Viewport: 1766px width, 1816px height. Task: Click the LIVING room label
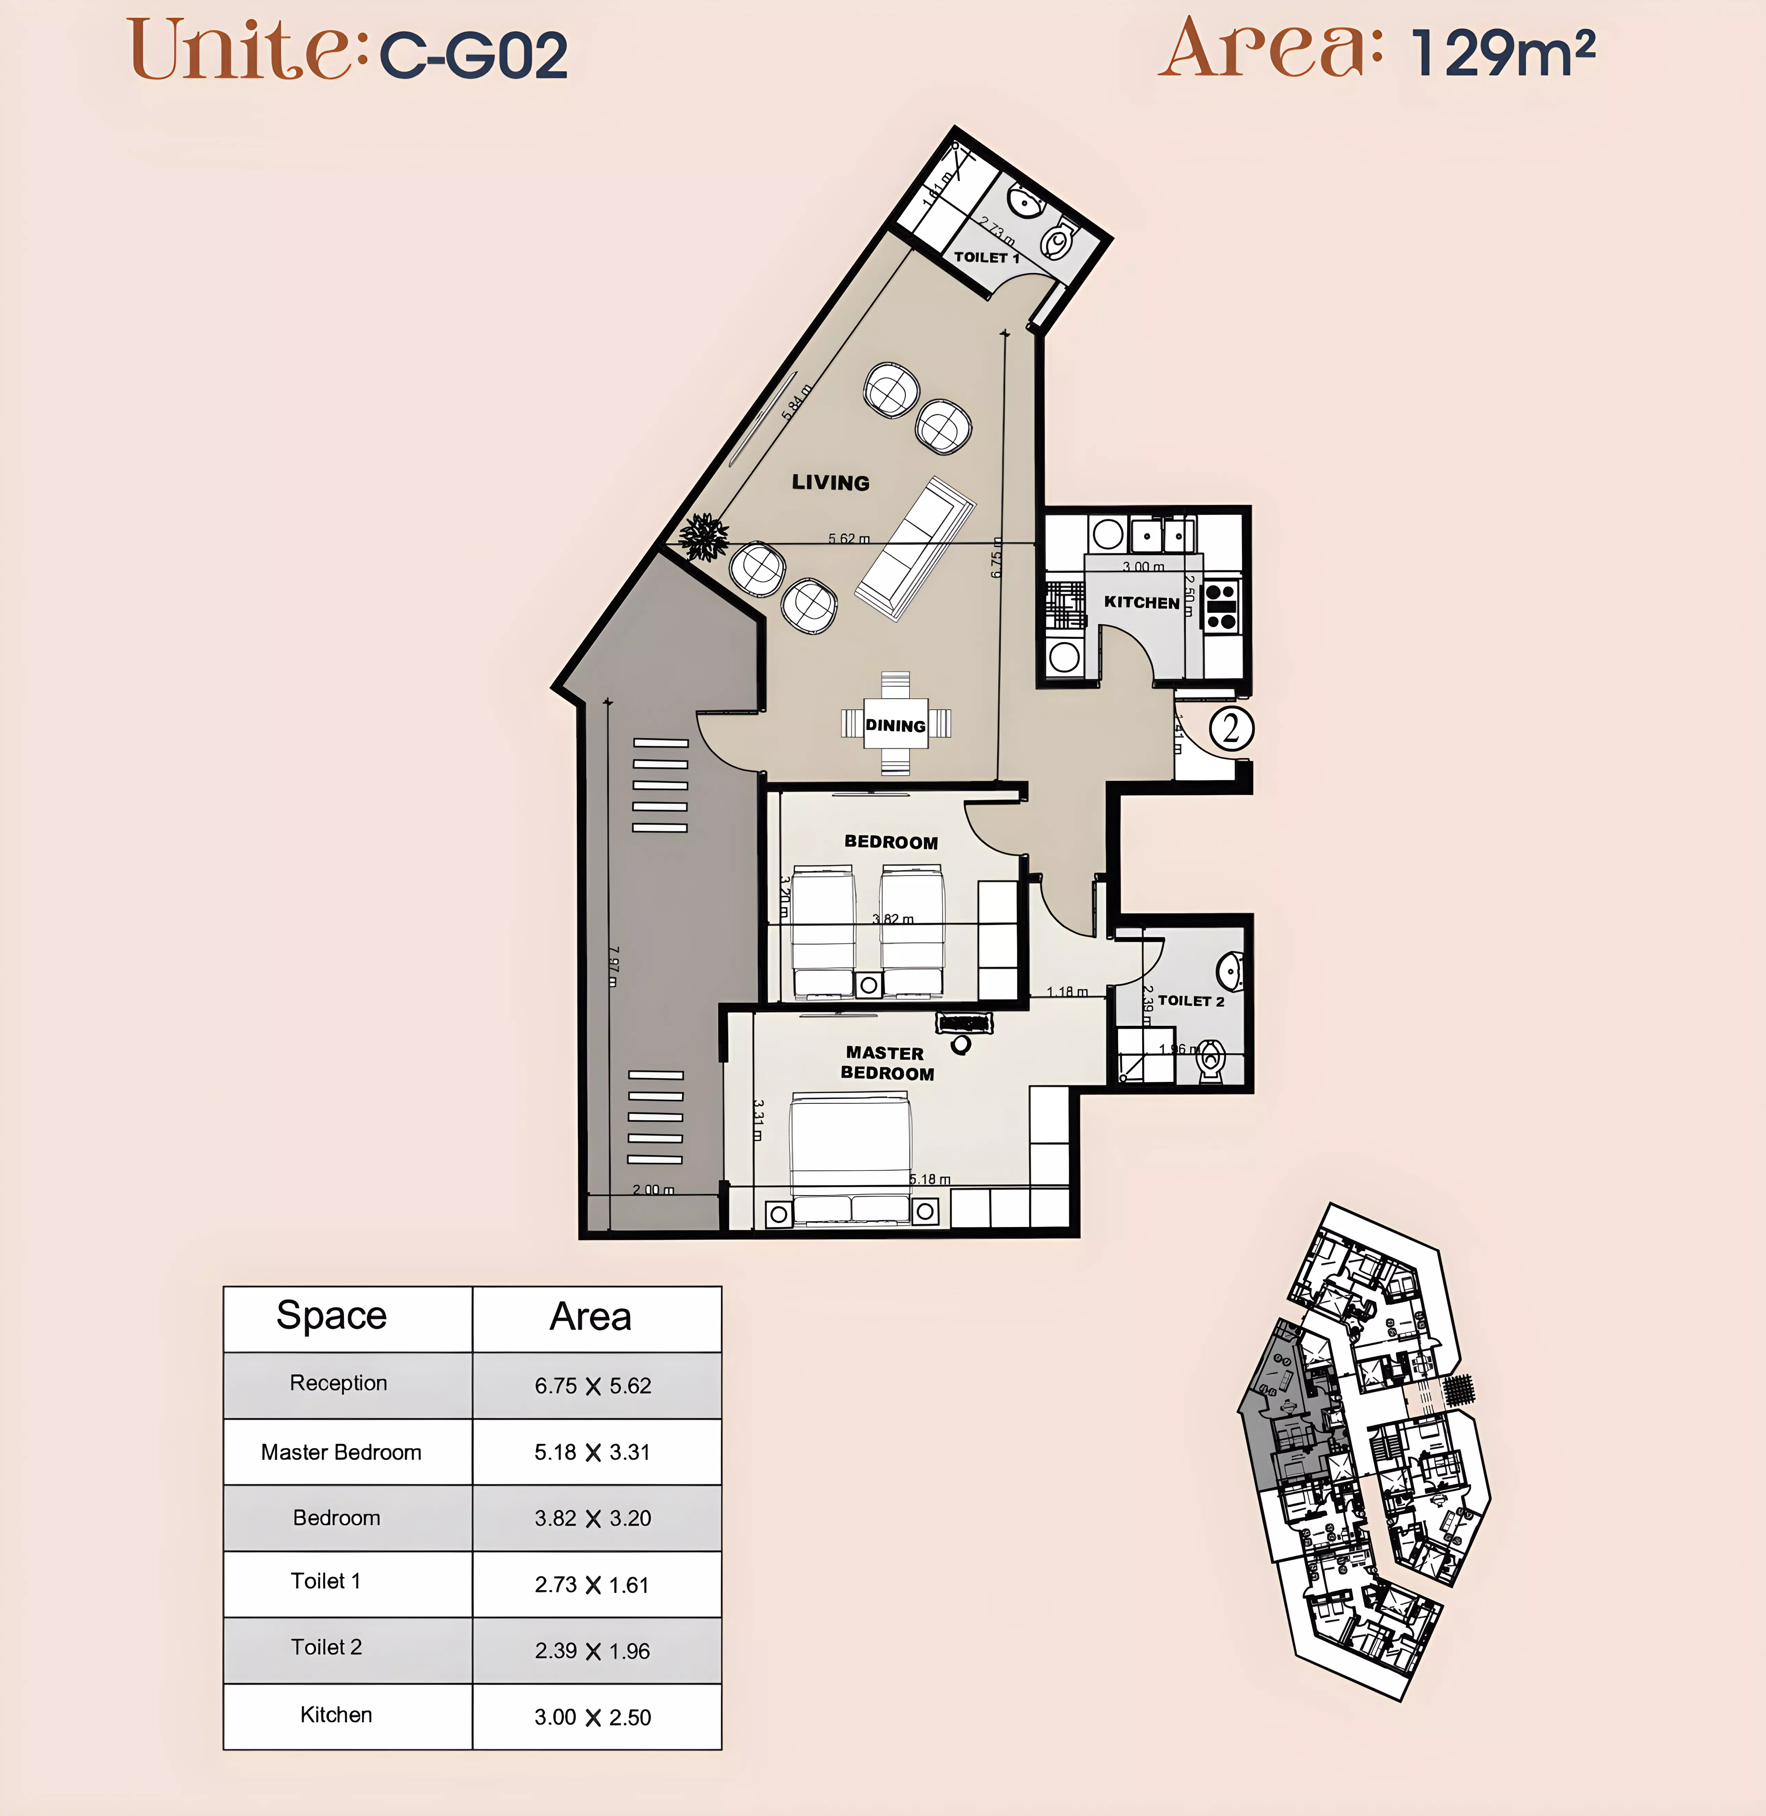pos(830,482)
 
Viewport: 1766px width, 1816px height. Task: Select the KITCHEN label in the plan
pos(1141,602)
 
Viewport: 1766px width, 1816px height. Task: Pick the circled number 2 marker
pos(1231,728)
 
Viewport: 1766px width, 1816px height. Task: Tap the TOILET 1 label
pos(986,257)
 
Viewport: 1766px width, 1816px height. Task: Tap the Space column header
pos(331,1316)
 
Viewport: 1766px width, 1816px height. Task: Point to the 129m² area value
pos(1503,54)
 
